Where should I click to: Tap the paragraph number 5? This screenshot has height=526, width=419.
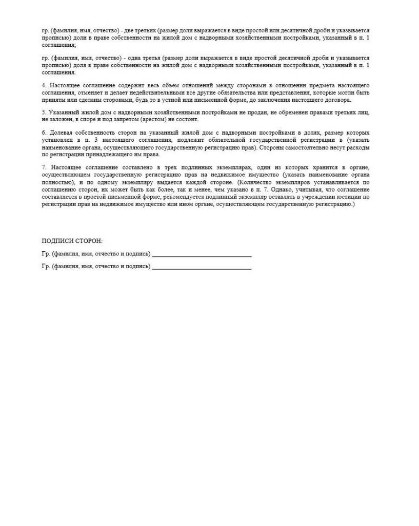(x=44, y=112)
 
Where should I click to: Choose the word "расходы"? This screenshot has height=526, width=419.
(x=358, y=147)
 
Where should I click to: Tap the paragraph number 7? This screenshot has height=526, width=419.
(x=44, y=167)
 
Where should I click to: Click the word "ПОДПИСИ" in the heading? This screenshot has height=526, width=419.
(x=55, y=241)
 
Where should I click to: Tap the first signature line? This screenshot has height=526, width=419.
(x=202, y=255)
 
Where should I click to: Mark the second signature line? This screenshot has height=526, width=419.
(x=202, y=268)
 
